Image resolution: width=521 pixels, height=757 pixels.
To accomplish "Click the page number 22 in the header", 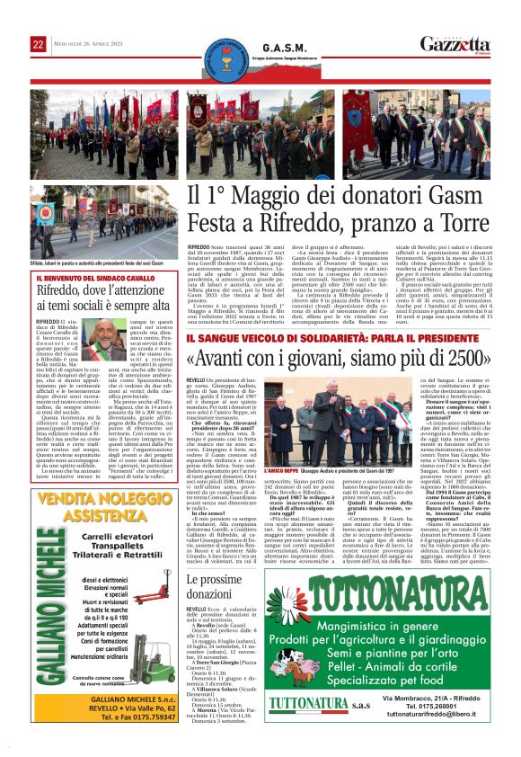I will (38, 44).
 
